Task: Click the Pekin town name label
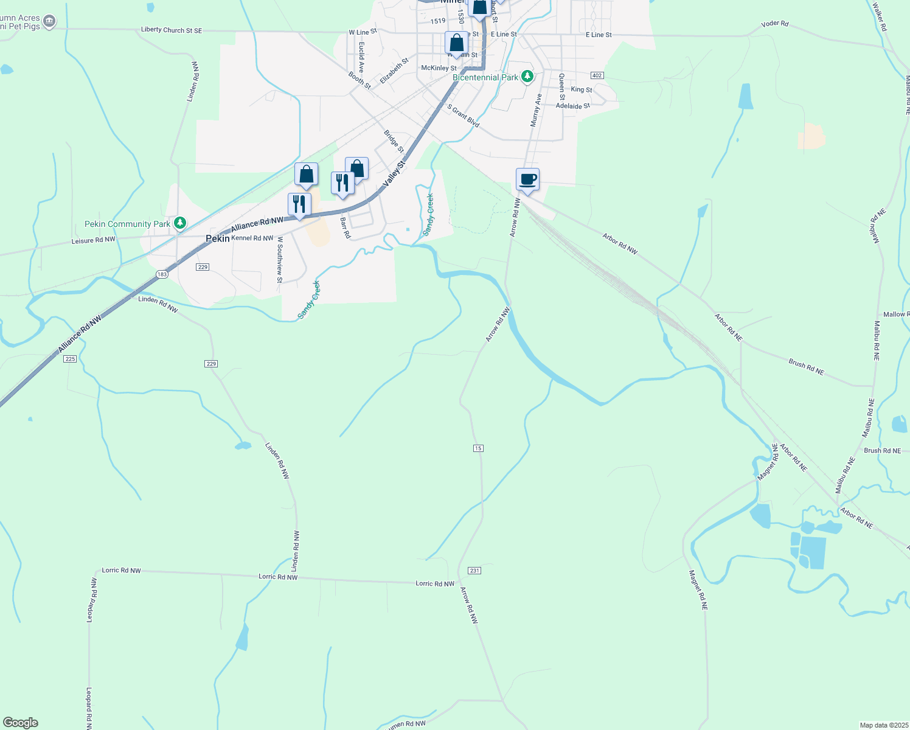point(217,238)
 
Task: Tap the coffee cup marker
point(527,180)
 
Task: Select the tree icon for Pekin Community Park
point(180,223)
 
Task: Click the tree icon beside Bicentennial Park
point(527,77)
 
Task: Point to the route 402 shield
point(597,75)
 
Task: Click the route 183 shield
point(162,274)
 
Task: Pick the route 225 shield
point(70,359)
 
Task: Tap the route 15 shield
point(478,448)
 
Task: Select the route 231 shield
point(474,571)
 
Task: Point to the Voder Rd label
point(774,24)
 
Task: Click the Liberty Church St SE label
point(171,30)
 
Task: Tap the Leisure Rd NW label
point(93,240)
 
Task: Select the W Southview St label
point(280,260)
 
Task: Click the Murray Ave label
point(535,110)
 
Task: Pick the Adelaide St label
point(572,106)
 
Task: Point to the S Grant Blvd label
point(464,116)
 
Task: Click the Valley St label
point(394,175)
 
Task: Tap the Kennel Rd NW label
point(252,238)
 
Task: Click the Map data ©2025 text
point(882,725)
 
